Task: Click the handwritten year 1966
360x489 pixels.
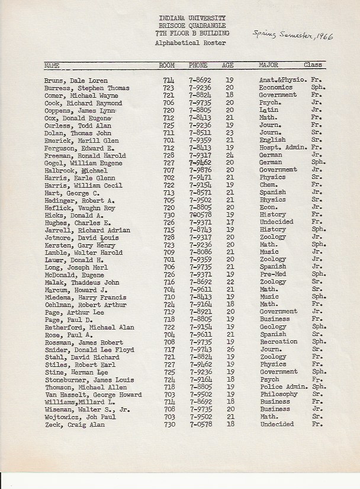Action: click(x=323, y=36)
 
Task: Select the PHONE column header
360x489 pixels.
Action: click(x=198, y=65)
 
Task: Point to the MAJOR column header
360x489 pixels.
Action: click(x=268, y=65)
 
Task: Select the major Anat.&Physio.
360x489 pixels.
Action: click(x=282, y=80)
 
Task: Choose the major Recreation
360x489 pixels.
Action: click(x=278, y=342)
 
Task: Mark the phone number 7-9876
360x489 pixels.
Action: click(x=200, y=170)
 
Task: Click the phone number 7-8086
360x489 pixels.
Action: click(x=200, y=253)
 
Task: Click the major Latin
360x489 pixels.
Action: click(x=269, y=110)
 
